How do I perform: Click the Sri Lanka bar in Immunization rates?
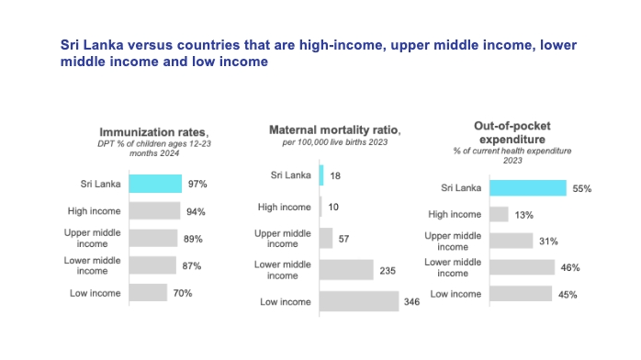point(155,184)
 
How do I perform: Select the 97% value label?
point(197,184)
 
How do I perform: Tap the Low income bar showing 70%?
point(148,293)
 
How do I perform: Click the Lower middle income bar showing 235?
point(346,270)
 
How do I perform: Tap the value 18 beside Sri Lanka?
point(337,175)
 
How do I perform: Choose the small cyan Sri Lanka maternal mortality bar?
point(321,175)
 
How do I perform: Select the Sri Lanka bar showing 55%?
point(527,187)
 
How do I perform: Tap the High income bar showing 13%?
point(499,214)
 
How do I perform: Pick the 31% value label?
point(547,241)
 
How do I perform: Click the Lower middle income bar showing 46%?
point(521,267)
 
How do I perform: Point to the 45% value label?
point(567,294)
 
